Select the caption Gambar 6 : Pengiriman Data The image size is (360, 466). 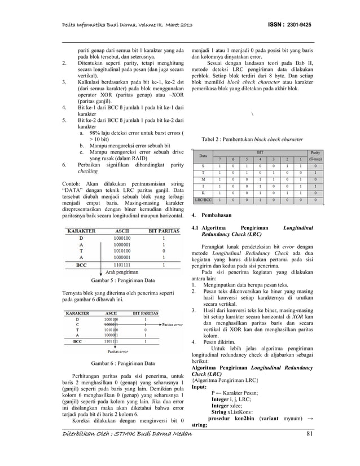point(124,364)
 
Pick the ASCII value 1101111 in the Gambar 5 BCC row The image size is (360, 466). point(125,263)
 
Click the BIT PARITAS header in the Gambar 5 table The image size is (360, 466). point(164,231)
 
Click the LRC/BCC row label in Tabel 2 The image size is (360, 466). point(204,200)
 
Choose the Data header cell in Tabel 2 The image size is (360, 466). point(203,155)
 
